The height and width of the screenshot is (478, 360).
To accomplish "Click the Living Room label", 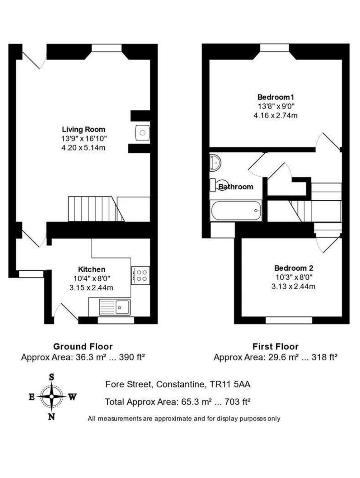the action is point(84,129).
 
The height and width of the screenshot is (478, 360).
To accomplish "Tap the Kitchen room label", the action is point(92,269).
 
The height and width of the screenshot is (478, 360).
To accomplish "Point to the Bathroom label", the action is point(236,187).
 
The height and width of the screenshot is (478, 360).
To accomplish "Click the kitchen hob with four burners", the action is point(141,275).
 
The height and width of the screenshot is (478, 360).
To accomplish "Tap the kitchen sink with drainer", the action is point(115,307).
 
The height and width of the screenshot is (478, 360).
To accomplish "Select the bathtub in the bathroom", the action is point(236,211).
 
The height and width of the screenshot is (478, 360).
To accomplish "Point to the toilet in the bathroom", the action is point(219,185).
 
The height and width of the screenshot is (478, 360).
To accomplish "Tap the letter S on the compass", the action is point(52,377).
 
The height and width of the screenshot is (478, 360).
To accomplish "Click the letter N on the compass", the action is point(52,416).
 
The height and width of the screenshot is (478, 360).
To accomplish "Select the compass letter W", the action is point(73,397).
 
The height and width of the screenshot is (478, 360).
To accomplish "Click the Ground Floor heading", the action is point(83,346).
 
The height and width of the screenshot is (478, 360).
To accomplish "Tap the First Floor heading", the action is point(275,346).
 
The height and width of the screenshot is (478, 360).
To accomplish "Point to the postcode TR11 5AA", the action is point(230,384).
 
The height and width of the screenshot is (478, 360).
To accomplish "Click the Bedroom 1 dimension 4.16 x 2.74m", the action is point(275,115).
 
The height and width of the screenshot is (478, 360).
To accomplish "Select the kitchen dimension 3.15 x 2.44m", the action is point(91,288).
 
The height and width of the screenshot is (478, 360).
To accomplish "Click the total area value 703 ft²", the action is point(237,401).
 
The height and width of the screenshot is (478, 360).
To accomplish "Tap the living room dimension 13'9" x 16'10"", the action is point(84,138).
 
